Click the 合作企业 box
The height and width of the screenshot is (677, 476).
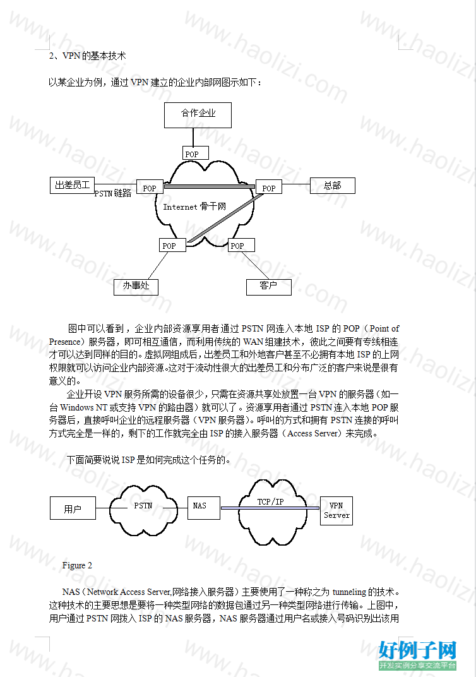198,115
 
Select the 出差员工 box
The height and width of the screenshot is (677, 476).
72,185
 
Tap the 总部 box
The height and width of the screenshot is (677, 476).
332,186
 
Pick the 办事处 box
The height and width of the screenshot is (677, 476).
136,287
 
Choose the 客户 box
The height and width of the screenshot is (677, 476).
269,287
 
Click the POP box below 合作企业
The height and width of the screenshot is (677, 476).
196,153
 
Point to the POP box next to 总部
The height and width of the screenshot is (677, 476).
269,187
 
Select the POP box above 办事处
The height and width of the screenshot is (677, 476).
172,245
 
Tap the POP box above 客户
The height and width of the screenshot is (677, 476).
241,245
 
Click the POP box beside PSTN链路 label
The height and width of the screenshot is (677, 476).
150,187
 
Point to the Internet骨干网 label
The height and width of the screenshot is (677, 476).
194,207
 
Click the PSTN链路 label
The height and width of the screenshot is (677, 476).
113,193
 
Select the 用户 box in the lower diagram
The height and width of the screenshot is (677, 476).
73,508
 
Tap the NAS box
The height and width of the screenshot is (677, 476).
204,508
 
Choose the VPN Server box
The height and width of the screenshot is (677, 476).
336,510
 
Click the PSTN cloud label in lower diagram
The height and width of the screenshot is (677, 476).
143,505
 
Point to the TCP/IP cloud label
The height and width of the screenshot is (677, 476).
271,501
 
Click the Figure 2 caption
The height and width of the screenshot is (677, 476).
77,565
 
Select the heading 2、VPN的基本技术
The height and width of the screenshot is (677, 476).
87,56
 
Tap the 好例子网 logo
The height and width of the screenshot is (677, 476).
417,654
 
